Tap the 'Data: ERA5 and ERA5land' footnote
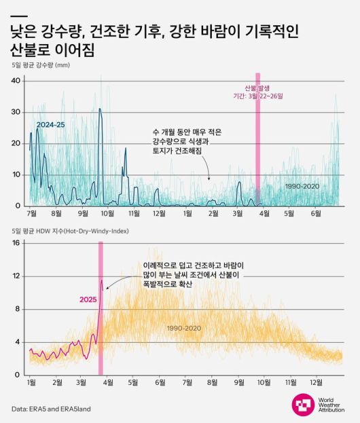[51, 409]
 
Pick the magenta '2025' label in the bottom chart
[88, 299]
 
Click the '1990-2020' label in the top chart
[302, 185]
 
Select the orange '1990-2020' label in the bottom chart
[184, 328]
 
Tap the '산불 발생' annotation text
[257, 88]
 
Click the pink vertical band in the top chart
[257, 149]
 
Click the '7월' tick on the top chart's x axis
[31, 213]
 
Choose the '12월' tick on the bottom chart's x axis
[317, 383]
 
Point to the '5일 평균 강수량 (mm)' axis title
[41, 65]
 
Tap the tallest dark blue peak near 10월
[100, 109]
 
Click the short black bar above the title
[20, 16]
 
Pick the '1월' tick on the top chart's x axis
[187, 213]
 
